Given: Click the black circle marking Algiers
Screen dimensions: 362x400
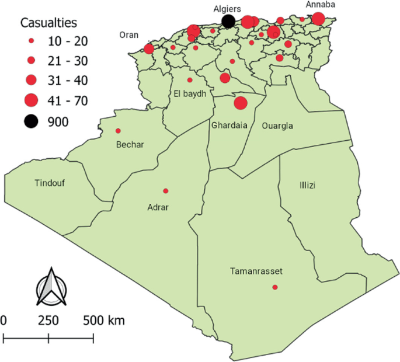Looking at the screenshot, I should click(x=229, y=22).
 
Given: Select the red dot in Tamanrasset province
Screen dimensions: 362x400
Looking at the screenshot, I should click(x=275, y=287).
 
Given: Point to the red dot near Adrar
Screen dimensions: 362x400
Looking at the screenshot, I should click(x=166, y=191).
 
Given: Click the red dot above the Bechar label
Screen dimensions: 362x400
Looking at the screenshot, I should click(x=118, y=131).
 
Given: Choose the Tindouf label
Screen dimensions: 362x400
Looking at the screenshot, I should click(x=50, y=183).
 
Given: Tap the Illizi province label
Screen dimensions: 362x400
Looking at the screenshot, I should click(x=308, y=185).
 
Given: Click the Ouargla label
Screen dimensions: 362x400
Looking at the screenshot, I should click(x=277, y=126).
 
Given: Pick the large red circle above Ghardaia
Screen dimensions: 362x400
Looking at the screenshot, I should click(x=240, y=103).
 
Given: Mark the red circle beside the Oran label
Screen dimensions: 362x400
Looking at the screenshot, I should click(x=149, y=48).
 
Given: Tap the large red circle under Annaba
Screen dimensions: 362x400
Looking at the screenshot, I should click(x=318, y=19).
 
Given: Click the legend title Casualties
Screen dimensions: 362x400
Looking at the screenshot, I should click(x=49, y=23).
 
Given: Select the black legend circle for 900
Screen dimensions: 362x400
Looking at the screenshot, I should click(x=32, y=121).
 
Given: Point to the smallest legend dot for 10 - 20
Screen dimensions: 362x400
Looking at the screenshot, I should click(x=32, y=41).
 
